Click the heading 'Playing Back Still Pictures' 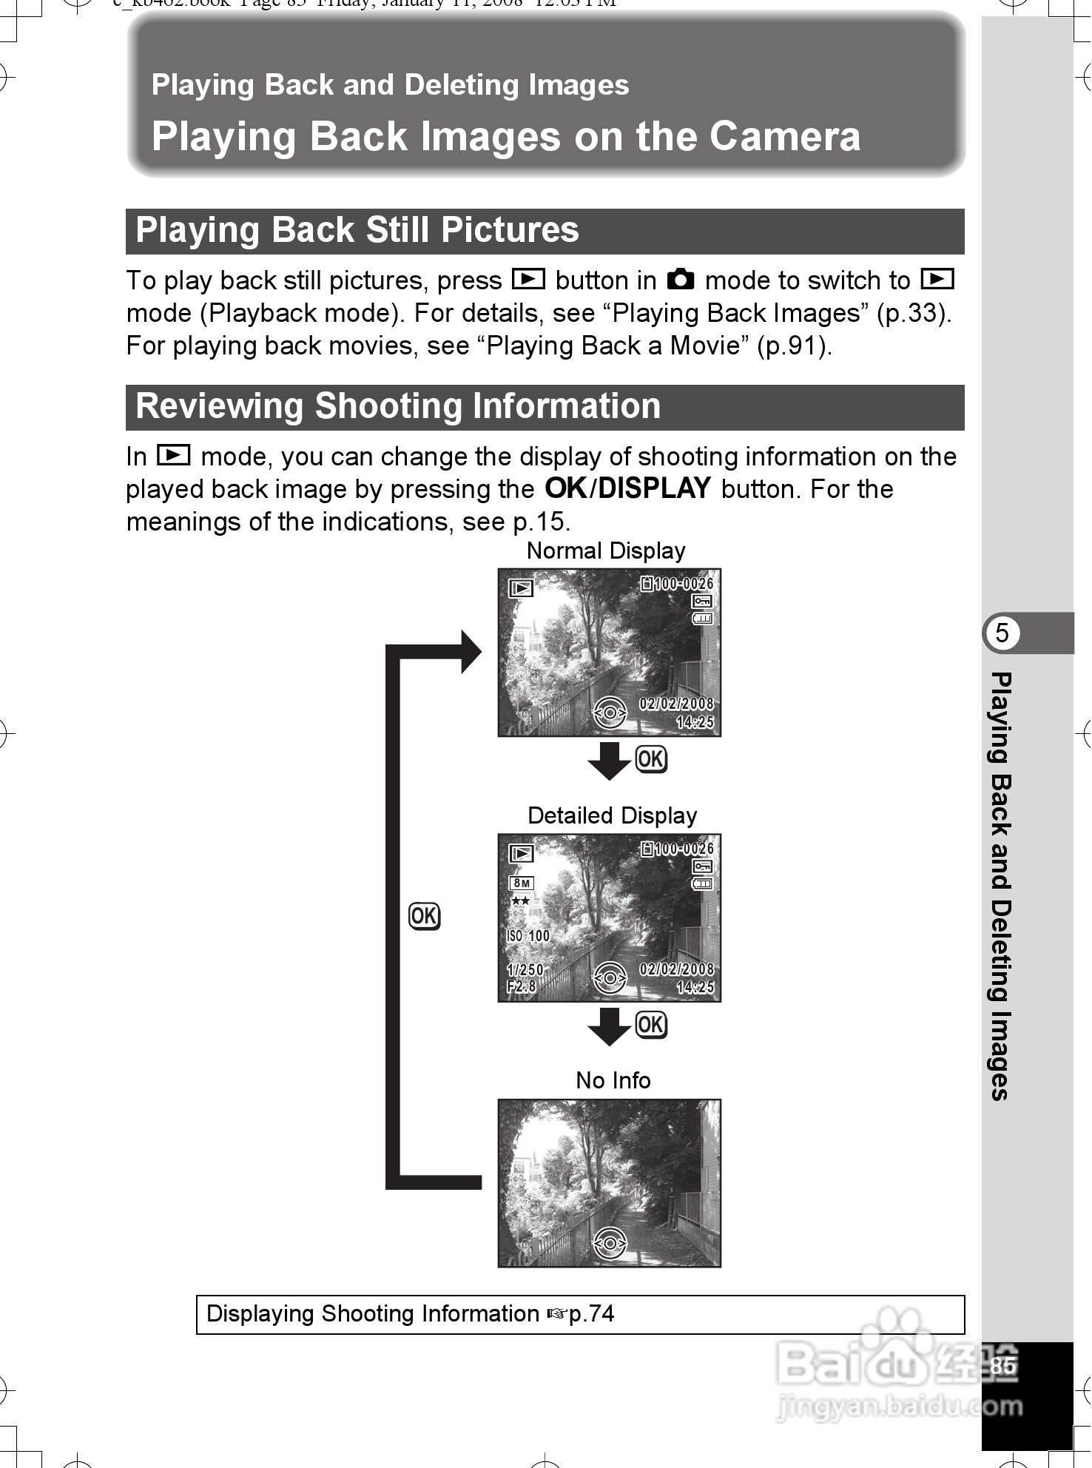(x=357, y=230)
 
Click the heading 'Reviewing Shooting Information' (x=398, y=406)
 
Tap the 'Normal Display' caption (x=606, y=550)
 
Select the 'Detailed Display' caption (x=612, y=815)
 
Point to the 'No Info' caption (x=613, y=1080)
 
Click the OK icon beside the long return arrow (x=424, y=916)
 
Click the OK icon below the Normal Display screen (x=651, y=759)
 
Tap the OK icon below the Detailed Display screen (x=651, y=1025)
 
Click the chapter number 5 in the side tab (x=1002, y=633)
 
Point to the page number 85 (x=1002, y=1366)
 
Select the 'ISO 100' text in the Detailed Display (x=528, y=936)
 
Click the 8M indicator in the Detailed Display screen (x=522, y=883)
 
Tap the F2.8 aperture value (x=522, y=987)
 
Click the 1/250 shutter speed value (x=525, y=970)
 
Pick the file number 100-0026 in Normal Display (x=683, y=584)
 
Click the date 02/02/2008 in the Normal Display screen (x=676, y=704)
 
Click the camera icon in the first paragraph (x=681, y=280)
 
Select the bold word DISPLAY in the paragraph (x=654, y=488)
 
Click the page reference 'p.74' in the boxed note (x=591, y=1314)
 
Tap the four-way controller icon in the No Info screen (x=610, y=1244)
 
